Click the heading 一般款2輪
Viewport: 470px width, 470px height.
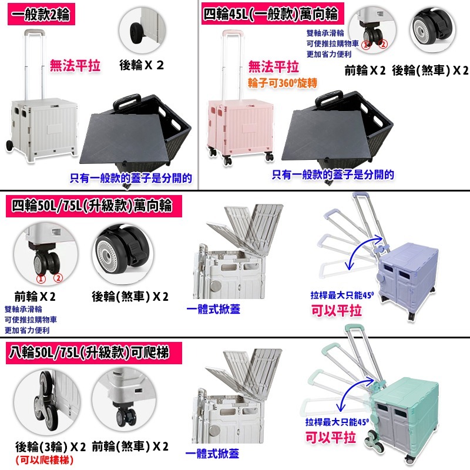pos(41,14)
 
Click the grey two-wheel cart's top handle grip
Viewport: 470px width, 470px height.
pos(34,31)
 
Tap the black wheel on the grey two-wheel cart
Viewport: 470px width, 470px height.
pos(9,146)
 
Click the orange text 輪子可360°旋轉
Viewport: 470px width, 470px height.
pos(283,83)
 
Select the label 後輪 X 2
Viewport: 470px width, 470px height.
pos(142,65)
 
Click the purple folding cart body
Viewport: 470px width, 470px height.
pos(408,276)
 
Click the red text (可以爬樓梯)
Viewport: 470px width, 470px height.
pos(45,460)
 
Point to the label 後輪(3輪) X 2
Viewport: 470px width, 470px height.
pos(51,447)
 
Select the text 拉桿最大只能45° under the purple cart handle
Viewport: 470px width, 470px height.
pos(342,296)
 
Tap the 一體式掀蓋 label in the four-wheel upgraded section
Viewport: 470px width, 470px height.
pos(213,309)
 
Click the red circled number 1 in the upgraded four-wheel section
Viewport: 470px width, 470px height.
pos(41,279)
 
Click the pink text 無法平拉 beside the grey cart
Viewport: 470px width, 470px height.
pos(75,66)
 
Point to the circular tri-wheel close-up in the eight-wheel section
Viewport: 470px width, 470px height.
pos(47,402)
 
